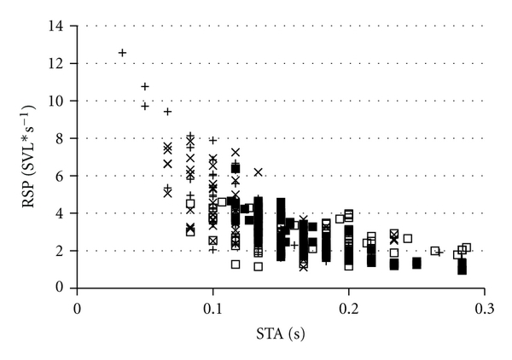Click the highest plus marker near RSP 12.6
click(x=122, y=53)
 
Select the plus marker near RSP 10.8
click(x=145, y=86)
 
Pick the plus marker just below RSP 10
click(x=145, y=107)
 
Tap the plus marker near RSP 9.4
click(x=168, y=112)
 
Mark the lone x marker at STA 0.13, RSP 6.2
click(x=258, y=172)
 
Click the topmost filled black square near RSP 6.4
click(x=236, y=168)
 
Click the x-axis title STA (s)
click(x=281, y=333)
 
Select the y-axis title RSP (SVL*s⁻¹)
click(x=28, y=157)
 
